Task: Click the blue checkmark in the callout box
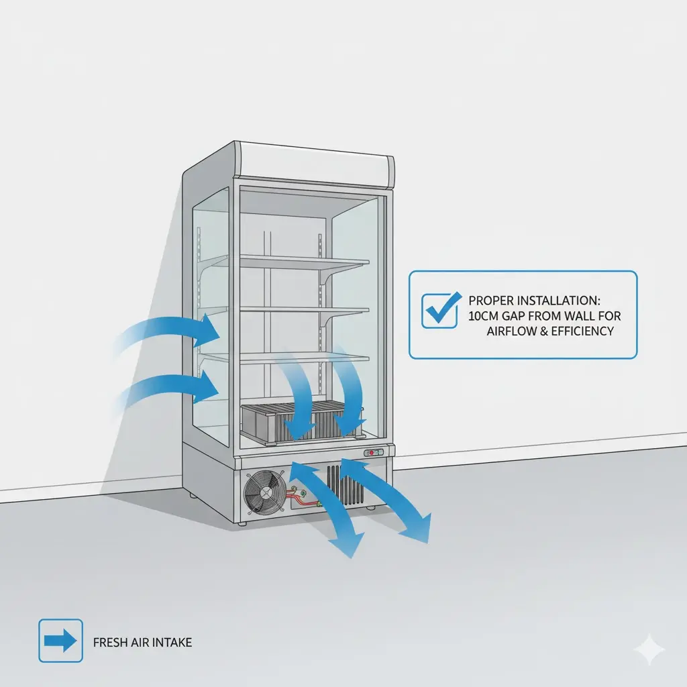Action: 441,309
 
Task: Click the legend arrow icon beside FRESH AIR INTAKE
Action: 60,641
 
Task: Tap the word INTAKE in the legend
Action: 175,642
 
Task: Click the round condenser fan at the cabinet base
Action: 265,492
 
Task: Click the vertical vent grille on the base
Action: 346,485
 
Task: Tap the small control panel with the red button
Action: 373,453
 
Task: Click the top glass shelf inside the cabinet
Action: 304,262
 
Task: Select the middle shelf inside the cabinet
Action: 304,311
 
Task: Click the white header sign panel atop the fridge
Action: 315,165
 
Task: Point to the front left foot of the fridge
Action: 242,523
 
